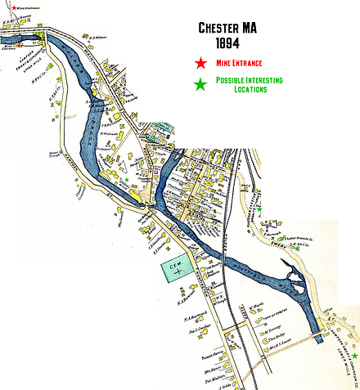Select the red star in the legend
coord(200,62)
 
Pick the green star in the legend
coord(200,83)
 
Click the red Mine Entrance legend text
coord(240,63)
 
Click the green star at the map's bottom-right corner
coord(354,356)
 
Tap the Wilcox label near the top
coord(98,37)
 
